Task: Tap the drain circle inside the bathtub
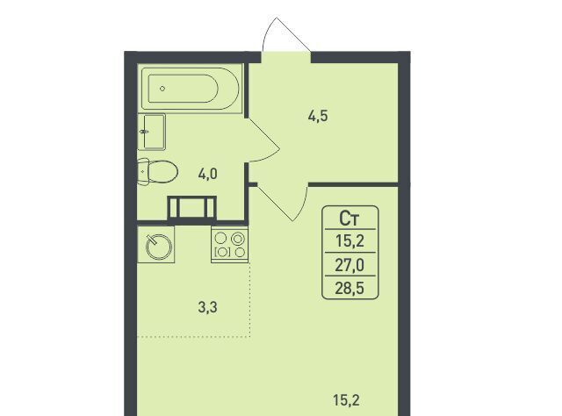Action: (x=162, y=89)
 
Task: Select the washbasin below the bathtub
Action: (x=152, y=132)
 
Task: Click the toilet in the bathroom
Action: (x=158, y=172)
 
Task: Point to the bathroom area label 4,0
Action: (x=207, y=175)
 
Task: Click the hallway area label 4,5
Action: (x=318, y=116)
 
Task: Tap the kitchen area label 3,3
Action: (x=207, y=307)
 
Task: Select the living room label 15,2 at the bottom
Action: (x=346, y=400)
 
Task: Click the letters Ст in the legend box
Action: (x=349, y=219)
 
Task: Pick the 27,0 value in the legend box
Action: (x=349, y=265)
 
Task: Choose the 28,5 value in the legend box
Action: (x=349, y=288)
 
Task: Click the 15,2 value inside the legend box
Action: (x=349, y=241)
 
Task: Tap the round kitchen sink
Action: (x=160, y=246)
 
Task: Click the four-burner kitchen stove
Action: (x=229, y=245)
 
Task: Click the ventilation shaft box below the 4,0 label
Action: (x=192, y=207)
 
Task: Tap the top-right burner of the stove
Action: (x=238, y=238)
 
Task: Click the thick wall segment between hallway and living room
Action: (x=353, y=184)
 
